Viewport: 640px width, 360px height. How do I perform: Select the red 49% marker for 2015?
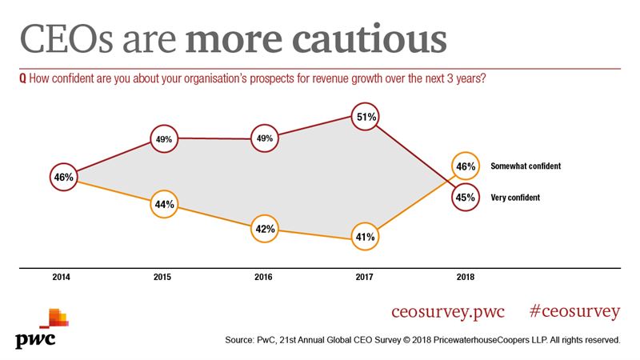(164, 138)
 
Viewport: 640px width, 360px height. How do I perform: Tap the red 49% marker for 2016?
(265, 138)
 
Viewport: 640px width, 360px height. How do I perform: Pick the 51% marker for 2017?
(366, 117)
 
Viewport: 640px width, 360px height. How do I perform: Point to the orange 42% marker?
(265, 229)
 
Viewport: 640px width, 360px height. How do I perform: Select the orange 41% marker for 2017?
(366, 237)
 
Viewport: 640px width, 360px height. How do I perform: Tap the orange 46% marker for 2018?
(466, 166)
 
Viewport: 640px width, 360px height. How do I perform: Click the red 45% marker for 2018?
(466, 197)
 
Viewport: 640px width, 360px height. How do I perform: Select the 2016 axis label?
(264, 278)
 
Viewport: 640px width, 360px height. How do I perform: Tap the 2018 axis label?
(465, 278)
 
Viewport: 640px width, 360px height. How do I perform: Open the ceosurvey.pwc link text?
(449, 310)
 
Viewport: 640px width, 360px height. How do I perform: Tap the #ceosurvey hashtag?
(575, 310)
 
